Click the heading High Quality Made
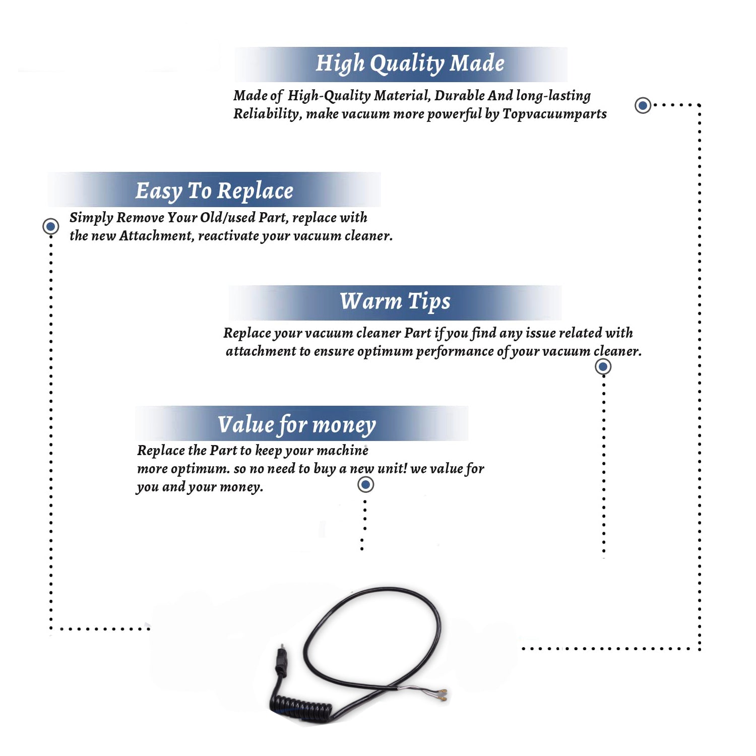coord(410,64)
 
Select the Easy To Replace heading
coord(214,192)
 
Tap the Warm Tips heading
coord(395,302)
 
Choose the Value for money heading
coord(297,425)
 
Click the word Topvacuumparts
coord(554,114)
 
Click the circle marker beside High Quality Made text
coord(643,105)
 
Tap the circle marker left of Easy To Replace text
coord(50,226)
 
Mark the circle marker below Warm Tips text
coord(603,366)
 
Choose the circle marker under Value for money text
coord(365,485)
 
